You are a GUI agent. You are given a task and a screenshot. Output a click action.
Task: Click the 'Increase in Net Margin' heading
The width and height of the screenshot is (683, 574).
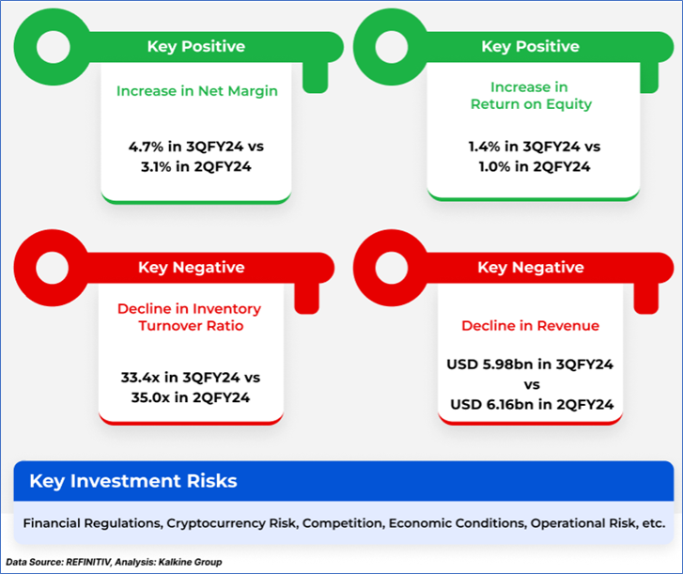click(x=197, y=90)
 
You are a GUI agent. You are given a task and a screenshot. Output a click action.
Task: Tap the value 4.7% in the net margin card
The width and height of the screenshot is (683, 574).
click(x=146, y=147)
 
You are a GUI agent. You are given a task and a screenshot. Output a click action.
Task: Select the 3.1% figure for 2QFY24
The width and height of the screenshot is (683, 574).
click(x=156, y=166)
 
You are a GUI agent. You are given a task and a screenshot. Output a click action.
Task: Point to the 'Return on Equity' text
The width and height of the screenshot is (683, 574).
click(x=531, y=104)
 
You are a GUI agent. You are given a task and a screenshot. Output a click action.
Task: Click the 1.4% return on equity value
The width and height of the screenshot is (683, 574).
click(x=485, y=147)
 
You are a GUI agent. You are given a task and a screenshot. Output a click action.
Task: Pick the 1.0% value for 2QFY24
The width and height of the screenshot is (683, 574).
click(x=494, y=166)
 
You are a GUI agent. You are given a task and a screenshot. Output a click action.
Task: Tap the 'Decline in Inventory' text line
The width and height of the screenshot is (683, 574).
click(x=189, y=309)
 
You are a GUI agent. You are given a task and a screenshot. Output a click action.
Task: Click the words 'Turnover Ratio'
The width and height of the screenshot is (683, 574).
click(x=191, y=326)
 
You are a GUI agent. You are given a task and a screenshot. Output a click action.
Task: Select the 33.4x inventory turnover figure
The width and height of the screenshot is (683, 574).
click(x=140, y=377)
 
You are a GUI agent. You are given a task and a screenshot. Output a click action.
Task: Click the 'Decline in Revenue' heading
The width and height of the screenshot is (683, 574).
click(x=530, y=326)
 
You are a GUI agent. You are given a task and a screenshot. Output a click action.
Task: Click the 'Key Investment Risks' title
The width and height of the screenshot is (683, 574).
click(x=133, y=481)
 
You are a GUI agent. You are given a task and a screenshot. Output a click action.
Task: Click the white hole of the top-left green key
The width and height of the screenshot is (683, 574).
click(x=54, y=47)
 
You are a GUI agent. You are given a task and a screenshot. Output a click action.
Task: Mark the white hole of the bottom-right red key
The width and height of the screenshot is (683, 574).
click(x=392, y=268)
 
